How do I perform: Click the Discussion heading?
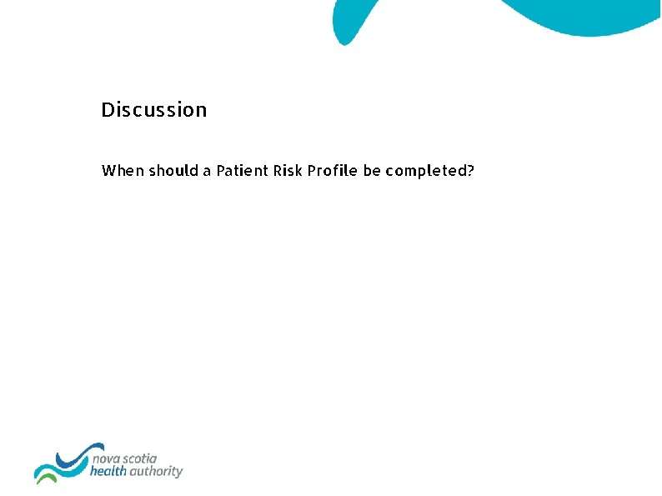[x=153, y=110]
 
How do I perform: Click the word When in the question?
[x=122, y=171]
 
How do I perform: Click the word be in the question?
[x=372, y=171]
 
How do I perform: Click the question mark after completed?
[x=471, y=171]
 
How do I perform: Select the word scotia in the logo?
[x=142, y=458]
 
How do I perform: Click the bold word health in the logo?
[x=109, y=472]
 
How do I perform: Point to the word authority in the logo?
[x=157, y=472]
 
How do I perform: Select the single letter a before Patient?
[x=207, y=172]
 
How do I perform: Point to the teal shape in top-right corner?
[x=584, y=17]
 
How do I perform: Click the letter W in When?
[x=108, y=171]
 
